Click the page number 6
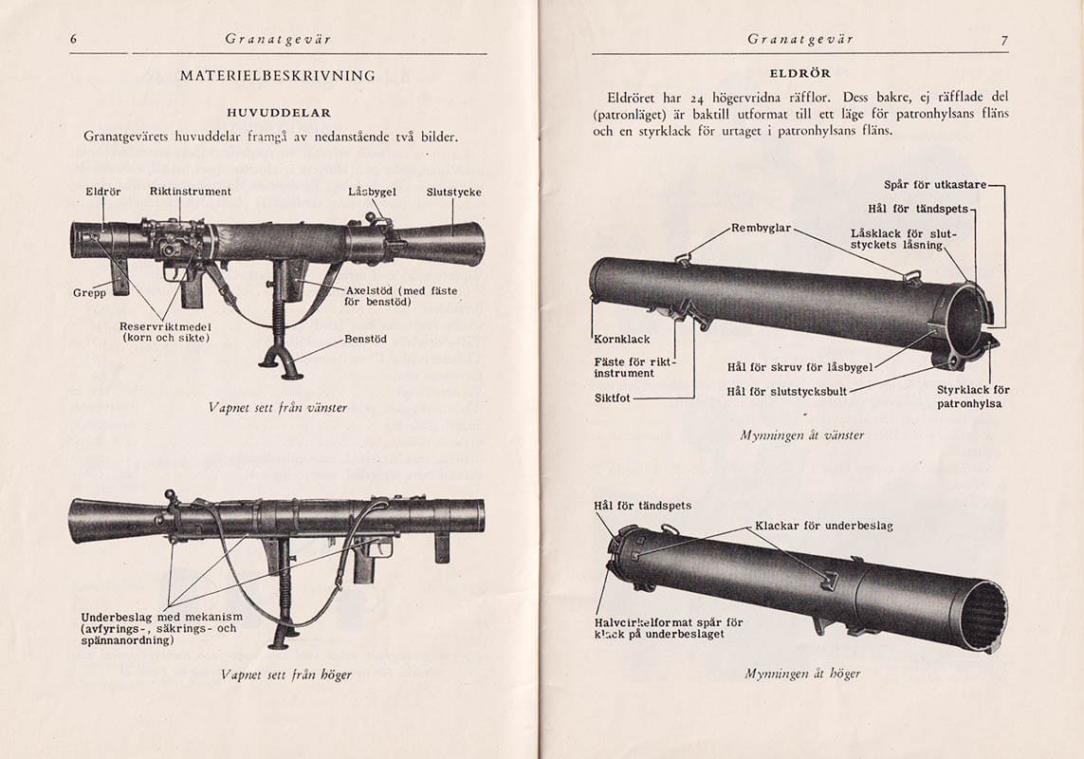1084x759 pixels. (73, 39)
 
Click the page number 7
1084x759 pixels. (1003, 39)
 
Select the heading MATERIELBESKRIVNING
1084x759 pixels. (278, 76)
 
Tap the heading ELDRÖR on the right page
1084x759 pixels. (800, 73)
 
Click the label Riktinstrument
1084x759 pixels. (190, 192)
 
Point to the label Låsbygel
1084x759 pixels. (372, 192)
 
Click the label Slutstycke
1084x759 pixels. (453, 192)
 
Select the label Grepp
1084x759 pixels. (89, 293)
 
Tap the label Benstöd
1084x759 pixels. (366, 339)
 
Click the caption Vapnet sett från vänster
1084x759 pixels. (278, 407)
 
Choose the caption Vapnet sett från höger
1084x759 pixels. (285, 675)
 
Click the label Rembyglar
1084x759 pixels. (761, 228)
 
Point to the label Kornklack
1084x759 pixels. (621, 339)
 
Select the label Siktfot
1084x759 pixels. (613, 399)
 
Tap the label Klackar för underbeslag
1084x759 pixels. (823, 526)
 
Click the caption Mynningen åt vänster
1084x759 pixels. (801, 435)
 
